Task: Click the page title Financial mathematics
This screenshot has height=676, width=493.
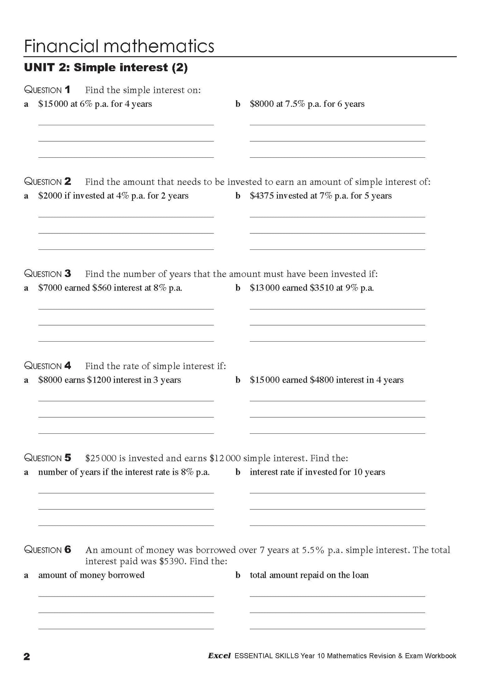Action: pos(119,46)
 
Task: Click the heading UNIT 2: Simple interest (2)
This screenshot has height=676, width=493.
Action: pos(106,68)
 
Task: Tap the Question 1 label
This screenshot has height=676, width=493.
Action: pos(47,90)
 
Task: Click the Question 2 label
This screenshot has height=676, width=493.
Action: pos(47,182)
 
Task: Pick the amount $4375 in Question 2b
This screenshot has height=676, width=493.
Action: pos(262,196)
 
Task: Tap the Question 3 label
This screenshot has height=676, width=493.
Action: pos(47,274)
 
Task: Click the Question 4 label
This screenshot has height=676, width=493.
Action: pos(47,366)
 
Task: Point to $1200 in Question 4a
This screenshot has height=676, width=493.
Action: pos(99,380)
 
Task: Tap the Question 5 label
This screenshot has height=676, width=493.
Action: pos(47,458)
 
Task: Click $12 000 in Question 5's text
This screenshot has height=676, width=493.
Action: pos(225,458)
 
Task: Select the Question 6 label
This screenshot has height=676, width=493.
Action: pos(47,550)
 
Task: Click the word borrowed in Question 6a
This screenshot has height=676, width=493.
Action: pos(126,575)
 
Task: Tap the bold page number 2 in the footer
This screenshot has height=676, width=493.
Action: pos(27,656)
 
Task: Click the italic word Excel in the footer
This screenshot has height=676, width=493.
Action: pos(219,656)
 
